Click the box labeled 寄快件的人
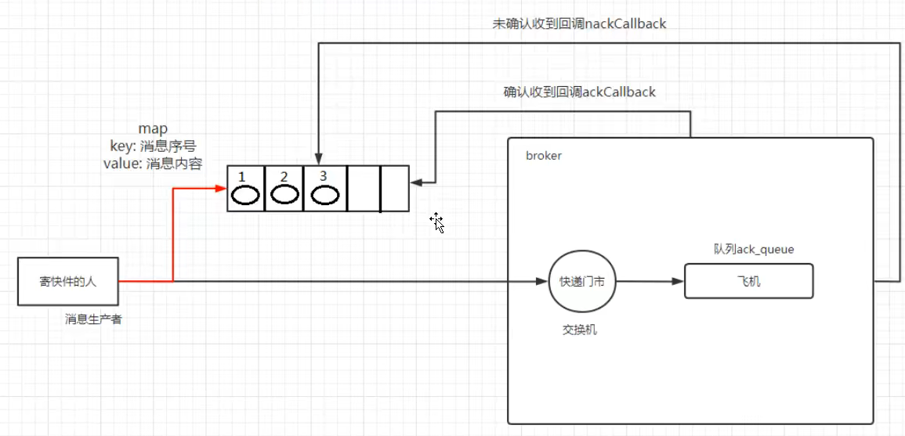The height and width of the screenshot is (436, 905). pos(68,281)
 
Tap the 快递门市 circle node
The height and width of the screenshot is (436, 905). pos(581,282)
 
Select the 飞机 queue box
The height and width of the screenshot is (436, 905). pos(748,281)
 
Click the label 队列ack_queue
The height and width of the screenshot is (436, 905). pos(753,250)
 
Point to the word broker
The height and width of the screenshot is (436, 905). pos(543,156)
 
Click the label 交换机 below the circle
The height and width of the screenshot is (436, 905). pos(579,330)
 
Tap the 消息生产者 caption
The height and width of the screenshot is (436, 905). pos(93,319)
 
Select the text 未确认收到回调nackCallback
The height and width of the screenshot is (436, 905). pos(579,23)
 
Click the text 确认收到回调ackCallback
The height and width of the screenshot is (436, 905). pos(579,92)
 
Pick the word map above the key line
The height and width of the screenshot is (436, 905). pos(153,128)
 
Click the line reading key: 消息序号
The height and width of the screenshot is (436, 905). pos(153,146)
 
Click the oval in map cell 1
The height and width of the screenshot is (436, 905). pos(246,194)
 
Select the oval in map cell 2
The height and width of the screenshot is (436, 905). pos(284,194)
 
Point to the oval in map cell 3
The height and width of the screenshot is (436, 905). pos(323,194)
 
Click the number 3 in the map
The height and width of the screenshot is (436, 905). pos(323,176)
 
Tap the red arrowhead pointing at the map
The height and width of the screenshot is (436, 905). pos(222,188)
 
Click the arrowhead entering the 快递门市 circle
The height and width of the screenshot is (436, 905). pos(543,281)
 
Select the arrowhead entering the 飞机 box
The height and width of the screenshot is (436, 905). pos(679,282)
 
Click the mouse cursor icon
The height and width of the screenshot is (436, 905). pos(436,222)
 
